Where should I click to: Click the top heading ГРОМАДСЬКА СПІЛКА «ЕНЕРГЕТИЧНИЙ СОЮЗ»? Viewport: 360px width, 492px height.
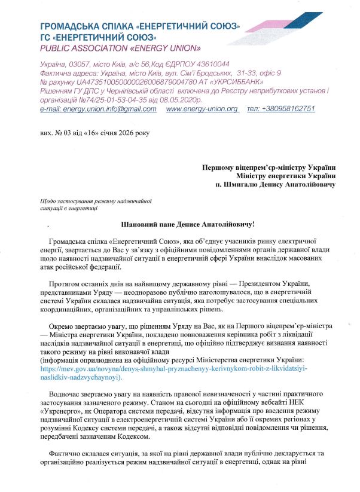click(141, 27)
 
